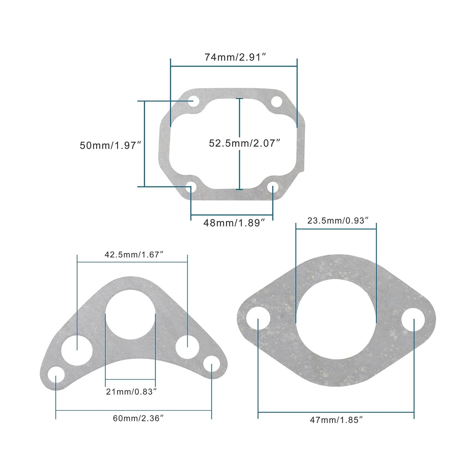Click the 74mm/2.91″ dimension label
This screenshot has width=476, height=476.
235,57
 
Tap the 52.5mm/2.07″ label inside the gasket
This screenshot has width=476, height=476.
244,143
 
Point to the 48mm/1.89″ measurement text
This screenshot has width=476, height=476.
234,223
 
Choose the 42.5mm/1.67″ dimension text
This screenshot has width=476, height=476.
134,255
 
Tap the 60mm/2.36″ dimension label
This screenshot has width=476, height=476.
138,418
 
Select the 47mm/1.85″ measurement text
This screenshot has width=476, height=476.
336,420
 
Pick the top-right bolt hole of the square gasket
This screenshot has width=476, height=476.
277,102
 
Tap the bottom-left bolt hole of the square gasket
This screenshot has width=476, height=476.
191,187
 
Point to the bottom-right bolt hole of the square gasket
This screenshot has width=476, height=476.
272,188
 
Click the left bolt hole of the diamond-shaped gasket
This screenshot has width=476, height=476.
259,319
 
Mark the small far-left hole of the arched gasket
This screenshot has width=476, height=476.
56,376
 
